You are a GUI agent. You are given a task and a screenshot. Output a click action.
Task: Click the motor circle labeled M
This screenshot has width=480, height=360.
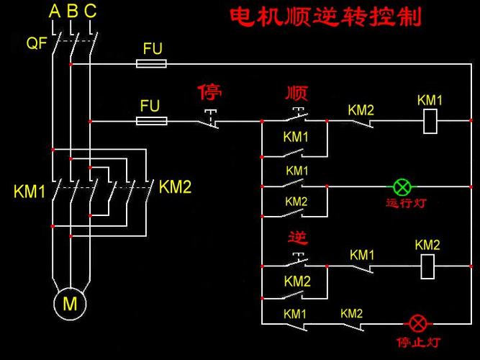(70, 304)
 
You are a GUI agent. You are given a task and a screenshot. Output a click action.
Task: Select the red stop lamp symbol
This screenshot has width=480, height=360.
(416, 322)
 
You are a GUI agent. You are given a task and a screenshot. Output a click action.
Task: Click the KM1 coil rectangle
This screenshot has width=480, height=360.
(430, 121)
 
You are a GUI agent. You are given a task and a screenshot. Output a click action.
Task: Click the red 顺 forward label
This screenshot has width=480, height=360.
(296, 94)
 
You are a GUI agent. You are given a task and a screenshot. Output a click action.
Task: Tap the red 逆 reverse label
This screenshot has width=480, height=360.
(297, 238)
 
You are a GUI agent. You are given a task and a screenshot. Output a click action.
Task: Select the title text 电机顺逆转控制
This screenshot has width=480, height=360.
(325, 17)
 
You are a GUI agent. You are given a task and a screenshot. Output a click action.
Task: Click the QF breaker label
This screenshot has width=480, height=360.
(37, 43)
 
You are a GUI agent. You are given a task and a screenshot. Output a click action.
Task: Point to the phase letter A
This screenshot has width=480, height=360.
(55, 12)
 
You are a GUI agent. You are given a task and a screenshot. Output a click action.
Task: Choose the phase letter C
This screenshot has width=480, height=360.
(90, 12)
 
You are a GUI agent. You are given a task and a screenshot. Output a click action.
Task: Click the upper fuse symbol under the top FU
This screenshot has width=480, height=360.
(151, 63)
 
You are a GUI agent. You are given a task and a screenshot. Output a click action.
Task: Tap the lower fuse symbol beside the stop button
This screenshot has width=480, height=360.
(151, 121)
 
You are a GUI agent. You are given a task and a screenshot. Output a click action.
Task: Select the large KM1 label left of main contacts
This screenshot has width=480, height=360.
(30, 192)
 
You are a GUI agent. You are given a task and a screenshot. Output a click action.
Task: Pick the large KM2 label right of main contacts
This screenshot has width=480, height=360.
(175, 188)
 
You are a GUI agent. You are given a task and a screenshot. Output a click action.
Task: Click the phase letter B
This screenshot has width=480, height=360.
(72, 12)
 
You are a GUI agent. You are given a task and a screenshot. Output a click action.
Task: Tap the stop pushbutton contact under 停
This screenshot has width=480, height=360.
(210, 120)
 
